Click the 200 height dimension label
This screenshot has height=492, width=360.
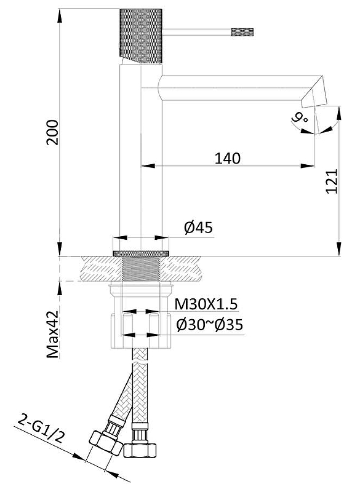(52, 132)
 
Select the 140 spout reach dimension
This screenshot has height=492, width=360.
(228, 159)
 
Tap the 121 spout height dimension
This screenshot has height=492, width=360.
(332, 181)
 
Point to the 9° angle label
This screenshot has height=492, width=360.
(300, 118)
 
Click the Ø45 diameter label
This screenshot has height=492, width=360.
(198, 228)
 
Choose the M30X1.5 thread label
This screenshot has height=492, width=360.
(206, 304)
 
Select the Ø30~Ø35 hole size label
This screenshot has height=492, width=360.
(210, 325)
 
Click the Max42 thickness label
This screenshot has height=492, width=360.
(53, 334)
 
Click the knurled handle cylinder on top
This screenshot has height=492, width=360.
(141, 36)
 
